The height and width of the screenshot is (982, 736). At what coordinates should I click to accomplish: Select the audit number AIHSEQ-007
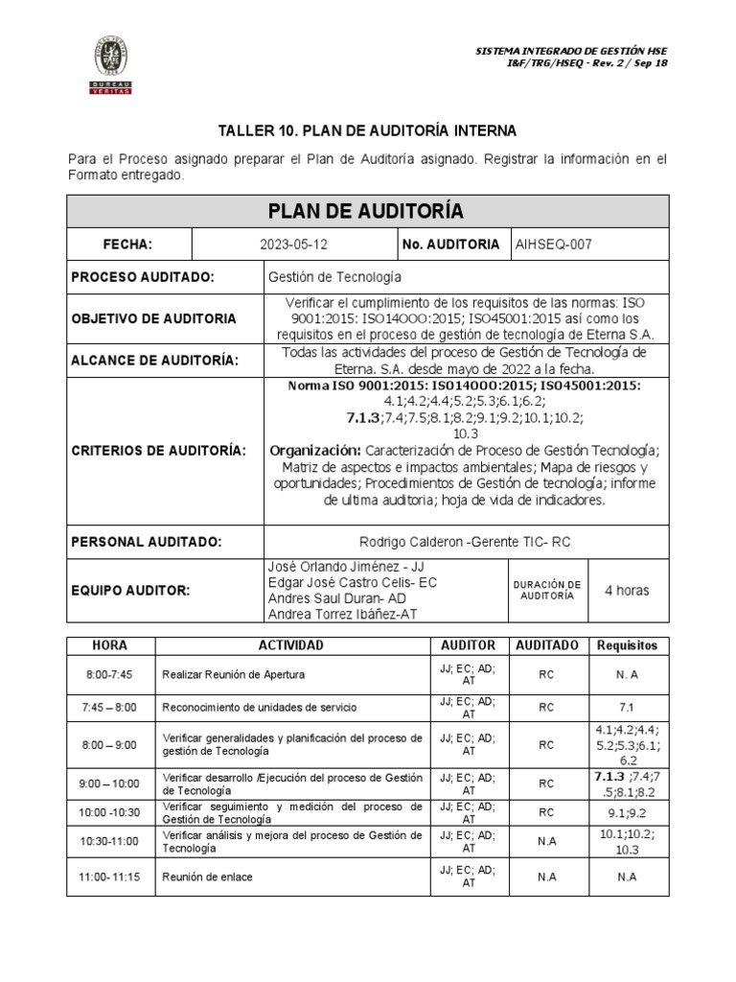point(554,245)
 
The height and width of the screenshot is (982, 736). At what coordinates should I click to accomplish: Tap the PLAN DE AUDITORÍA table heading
point(367,210)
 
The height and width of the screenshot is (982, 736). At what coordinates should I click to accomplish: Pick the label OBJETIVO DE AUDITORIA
point(153,318)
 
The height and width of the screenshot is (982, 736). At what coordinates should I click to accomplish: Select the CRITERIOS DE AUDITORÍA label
point(158,450)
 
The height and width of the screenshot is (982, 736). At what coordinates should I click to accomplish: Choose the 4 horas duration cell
point(627,591)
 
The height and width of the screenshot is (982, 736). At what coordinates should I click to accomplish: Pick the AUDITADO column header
point(546,645)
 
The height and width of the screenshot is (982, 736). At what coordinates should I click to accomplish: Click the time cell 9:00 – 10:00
point(111,783)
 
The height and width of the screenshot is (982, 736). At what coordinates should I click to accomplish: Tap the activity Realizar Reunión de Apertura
point(234,674)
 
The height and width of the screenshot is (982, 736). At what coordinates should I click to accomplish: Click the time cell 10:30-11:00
point(111,842)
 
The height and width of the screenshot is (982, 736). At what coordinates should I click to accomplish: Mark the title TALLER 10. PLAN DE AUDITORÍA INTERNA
point(367,130)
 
